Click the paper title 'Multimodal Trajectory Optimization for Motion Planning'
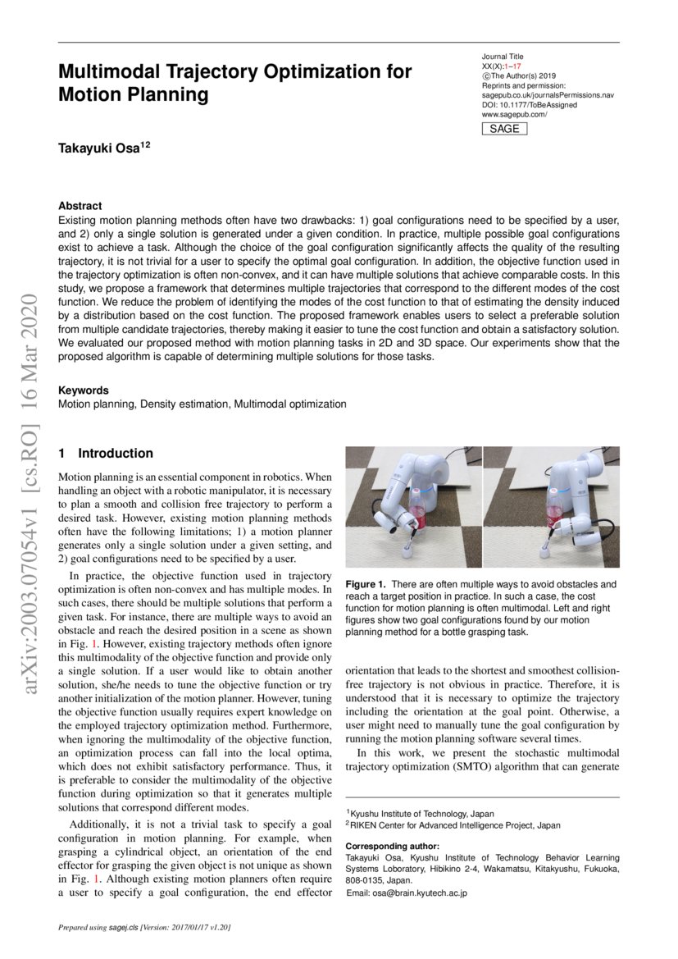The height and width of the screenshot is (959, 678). pos(234,83)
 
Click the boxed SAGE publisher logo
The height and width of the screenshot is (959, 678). pos(503,129)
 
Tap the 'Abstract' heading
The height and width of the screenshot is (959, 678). pos(80,206)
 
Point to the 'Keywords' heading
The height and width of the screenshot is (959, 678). pos(83,390)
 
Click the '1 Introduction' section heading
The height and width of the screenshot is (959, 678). pos(106,453)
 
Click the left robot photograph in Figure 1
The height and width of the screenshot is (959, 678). pos(413,506)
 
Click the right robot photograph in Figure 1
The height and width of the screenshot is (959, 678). pos(551,506)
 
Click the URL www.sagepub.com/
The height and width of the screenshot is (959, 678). pos(514,115)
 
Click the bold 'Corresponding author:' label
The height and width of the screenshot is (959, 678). pos(392,846)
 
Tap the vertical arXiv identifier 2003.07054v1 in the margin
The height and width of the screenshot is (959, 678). pos(30,574)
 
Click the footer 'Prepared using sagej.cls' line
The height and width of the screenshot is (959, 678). pos(144,927)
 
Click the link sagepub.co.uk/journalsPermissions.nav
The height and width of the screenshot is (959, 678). pos(548,95)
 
